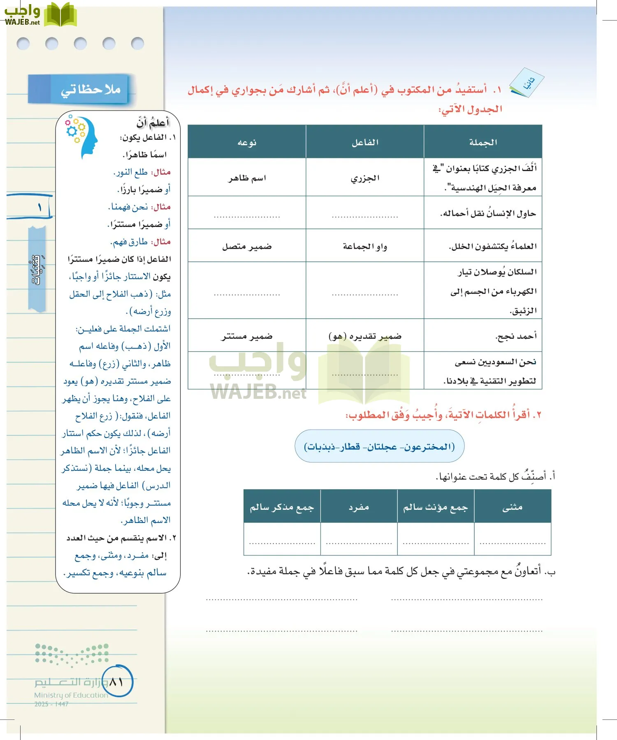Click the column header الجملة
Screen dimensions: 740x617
483,142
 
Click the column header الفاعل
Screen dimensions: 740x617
365,142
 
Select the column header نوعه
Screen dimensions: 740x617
247,142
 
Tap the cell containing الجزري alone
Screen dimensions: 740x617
365,178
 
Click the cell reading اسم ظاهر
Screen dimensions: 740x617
247,178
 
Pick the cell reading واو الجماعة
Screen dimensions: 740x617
365,246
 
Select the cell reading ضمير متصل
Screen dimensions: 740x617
247,246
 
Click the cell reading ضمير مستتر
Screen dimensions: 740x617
247,336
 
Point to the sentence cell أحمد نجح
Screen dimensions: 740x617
516,336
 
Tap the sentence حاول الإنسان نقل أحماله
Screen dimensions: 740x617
488,213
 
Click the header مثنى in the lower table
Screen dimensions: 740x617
512,507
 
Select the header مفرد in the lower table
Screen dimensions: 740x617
359,507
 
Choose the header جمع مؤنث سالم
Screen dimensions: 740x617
435,507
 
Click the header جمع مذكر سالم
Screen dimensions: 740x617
282,507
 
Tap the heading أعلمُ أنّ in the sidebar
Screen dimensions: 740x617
153,122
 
